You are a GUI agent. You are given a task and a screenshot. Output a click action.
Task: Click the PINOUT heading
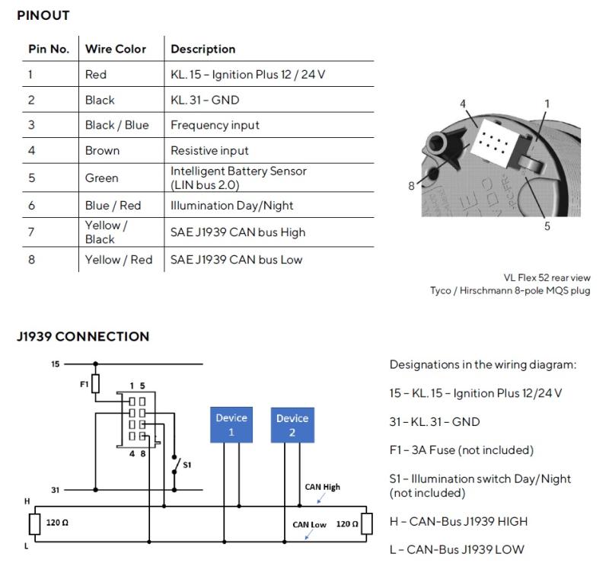(x=43, y=15)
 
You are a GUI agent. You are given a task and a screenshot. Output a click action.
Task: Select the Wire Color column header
(x=116, y=49)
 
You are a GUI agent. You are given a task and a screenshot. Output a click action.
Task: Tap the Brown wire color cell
(x=102, y=150)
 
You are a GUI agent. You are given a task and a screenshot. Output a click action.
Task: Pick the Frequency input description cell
(x=215, y=125)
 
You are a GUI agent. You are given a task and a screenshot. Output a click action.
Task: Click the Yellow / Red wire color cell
(x=119, y=260)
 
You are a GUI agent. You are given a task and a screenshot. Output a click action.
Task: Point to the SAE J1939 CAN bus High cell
(x=238, y=232)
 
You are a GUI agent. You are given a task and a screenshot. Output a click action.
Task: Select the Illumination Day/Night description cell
(x=232, y=205)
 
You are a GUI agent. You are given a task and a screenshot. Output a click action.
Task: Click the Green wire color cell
(x=101, y=178)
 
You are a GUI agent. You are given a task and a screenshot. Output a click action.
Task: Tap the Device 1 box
(x=231, y=425)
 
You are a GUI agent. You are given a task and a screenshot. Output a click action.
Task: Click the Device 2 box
(x=292, y=425)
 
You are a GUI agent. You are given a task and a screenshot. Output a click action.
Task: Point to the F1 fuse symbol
(x=95, y=383)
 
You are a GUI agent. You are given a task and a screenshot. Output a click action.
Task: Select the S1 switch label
(x=187, y=465)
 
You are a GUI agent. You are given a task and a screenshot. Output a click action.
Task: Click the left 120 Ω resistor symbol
(x=34, y=523)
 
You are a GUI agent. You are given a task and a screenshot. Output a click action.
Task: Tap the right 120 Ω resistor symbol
(x=367, y=523)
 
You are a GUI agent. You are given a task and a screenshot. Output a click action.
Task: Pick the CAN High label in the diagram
(x=322, y=487)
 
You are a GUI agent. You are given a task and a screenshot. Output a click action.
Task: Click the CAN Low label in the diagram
(x=310, y=525)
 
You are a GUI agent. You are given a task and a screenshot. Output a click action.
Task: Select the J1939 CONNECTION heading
(x=83, y=337)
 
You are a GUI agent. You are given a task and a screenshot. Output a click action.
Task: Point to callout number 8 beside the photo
(x=411, y=186)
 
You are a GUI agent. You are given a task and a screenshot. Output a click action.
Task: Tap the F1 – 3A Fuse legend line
(x=461, y=450)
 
